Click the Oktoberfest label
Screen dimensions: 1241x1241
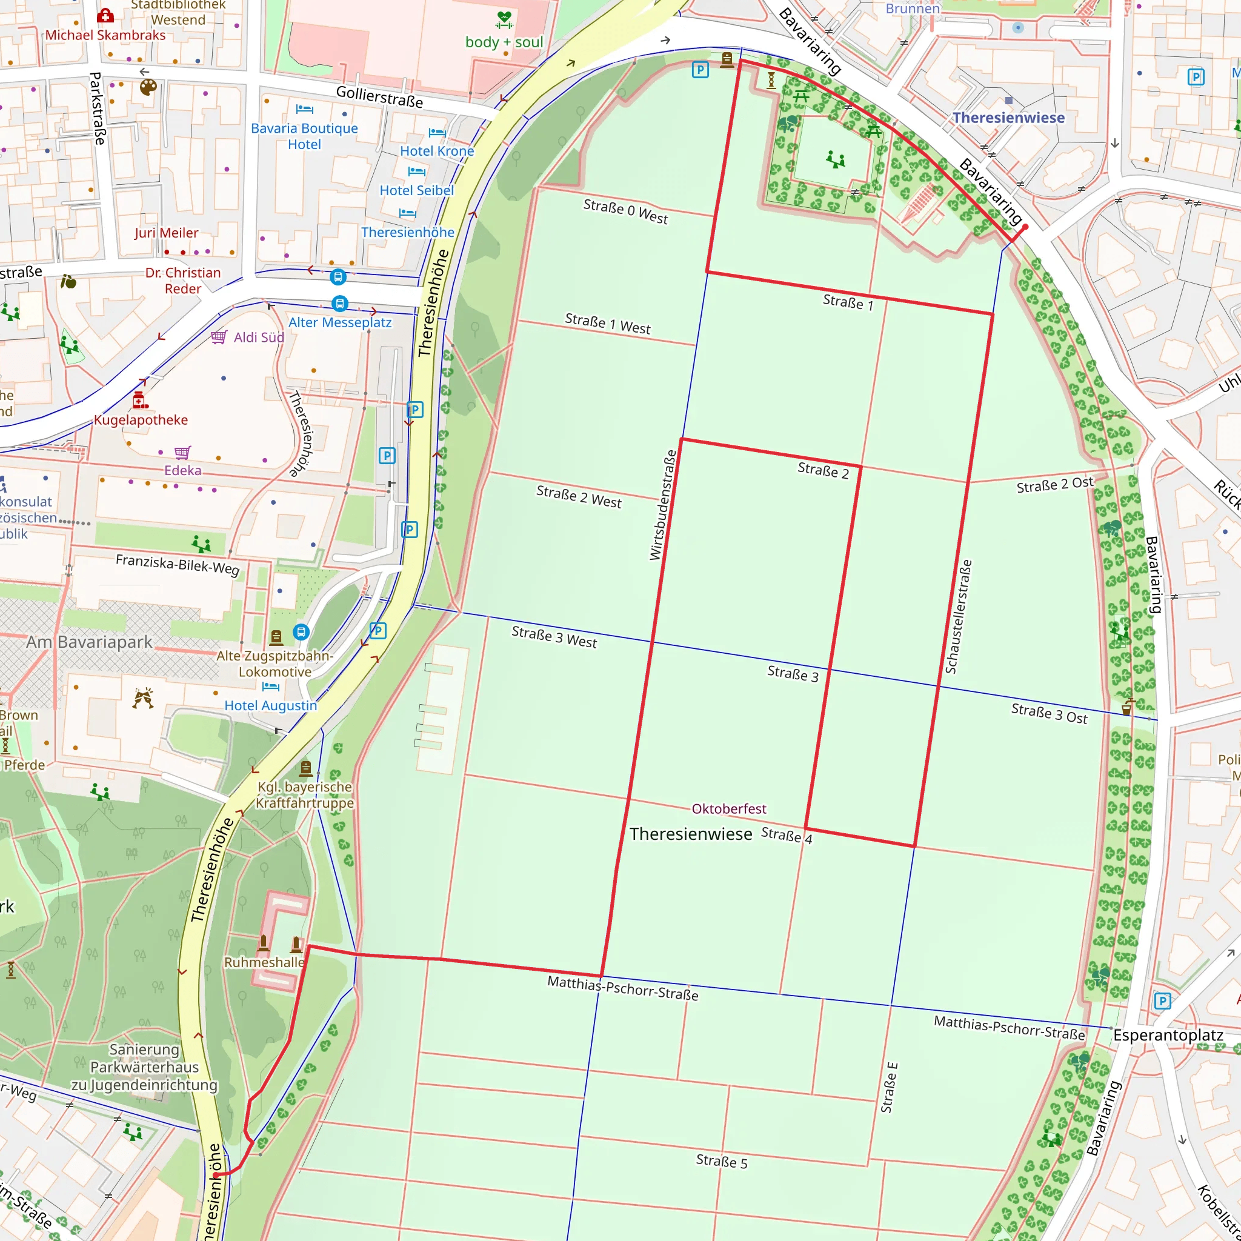[728, 809]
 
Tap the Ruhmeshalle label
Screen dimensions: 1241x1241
[264, 962]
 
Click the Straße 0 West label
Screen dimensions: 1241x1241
[625, 211]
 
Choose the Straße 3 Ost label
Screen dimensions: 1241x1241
[1048, 714]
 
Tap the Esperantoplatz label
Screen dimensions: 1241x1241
[1168, 1036]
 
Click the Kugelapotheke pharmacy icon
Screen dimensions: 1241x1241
[140, 400]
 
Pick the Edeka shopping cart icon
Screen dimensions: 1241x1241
[182, 452]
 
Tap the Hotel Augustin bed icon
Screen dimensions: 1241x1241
[270, 686]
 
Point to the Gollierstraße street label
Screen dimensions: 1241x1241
[379, 97]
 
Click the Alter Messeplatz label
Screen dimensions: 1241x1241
[340, 322]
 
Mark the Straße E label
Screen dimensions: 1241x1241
[889, 1088]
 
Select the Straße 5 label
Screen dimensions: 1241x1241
[721, 1162]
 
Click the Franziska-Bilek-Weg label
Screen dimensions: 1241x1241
[178, 565]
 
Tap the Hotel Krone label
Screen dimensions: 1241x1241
[437, 151]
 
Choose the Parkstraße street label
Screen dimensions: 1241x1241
[97, 108]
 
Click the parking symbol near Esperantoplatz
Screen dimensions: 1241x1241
[1162, 1001]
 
